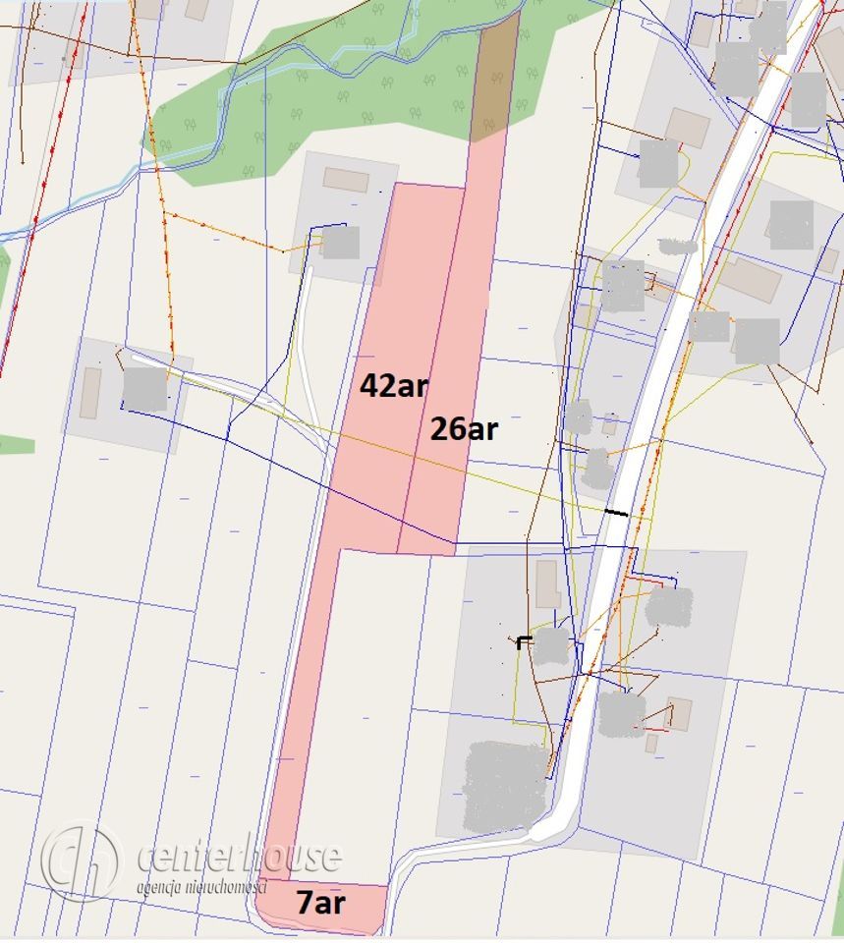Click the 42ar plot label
pyautogui.click(x=394, y=386)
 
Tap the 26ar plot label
pyautogui.click(x=464, y=429)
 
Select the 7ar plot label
pyautogui.click(x=321, y=903)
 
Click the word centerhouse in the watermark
pyautogui.click(x=240, y=857)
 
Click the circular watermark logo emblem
pyautogui.click(x=81, y=860)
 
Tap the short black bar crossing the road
pyautogui.click(x=617, y=512)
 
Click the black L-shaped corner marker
pyautogui.click(x=524, y=642)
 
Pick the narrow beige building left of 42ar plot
pyautogui.click(x=90, y=393)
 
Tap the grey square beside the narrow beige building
pyautogui.click(x=144, y=389)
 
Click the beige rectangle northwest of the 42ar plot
pyautogui.click(x=346, y=180)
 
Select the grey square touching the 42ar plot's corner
pyautogui.click(x=341, y=243)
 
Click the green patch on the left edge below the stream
pyautogui.click(x=15, y=445)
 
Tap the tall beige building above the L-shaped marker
pyautogui.click(x=548, y=584)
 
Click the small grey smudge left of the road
pyautogui.click(x=677, y=245)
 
